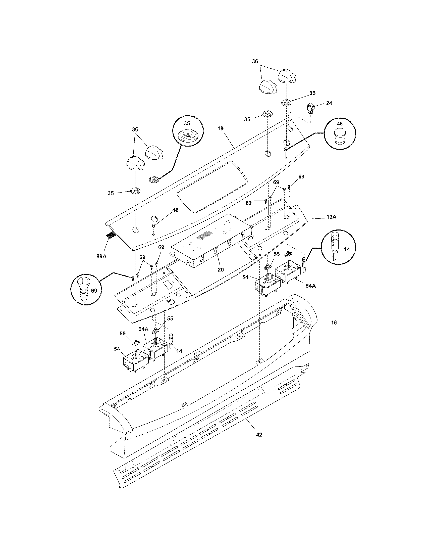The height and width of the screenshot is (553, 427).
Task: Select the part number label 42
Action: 259,435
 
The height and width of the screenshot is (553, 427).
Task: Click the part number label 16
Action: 334,323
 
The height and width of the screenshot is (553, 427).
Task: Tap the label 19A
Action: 331,217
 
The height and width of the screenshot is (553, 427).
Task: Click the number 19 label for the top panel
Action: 220,129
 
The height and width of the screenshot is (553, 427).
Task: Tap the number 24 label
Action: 329,103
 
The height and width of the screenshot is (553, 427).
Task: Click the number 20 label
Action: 221,270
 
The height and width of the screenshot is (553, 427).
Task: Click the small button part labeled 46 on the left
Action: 153,226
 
